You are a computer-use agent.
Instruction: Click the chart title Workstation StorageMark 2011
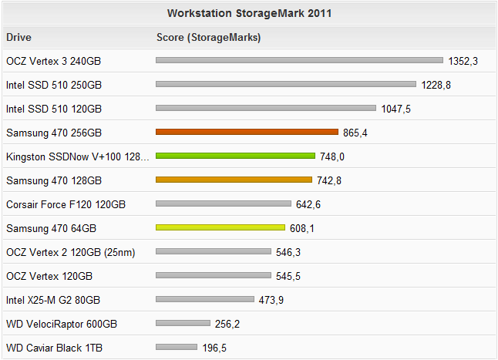click(x=250, y=13)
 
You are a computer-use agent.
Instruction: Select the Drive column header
click(x=19, y=37)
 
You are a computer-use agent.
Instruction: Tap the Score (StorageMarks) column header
click(x=208, y=37)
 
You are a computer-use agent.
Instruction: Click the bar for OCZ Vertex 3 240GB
click(x=299, y=60)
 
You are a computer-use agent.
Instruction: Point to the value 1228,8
click(x=436, y=85)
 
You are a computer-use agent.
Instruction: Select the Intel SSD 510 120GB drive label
click(x=54, y=109)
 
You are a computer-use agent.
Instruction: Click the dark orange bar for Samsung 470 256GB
click(x=247, y=133)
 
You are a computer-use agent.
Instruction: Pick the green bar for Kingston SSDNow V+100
click(x=235, y=156)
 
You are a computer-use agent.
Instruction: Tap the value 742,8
click(x=328, y=180)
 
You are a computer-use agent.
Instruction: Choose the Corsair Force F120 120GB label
click(x=66, y=204)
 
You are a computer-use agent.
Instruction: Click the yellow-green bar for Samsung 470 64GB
click(x=220, y=228)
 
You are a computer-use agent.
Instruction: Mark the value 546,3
click(x=288, y=252)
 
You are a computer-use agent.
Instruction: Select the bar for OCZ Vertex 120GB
click(x=214, y=276)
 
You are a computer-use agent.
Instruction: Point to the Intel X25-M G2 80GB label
click(x=53, y=300)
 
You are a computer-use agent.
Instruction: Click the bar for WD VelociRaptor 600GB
click(x=183, y=324)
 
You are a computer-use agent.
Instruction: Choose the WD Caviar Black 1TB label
click(x=54, y=348)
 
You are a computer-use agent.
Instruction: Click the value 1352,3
click(x=463, y=61)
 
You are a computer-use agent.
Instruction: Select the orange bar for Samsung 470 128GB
click(x=234, y=180)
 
